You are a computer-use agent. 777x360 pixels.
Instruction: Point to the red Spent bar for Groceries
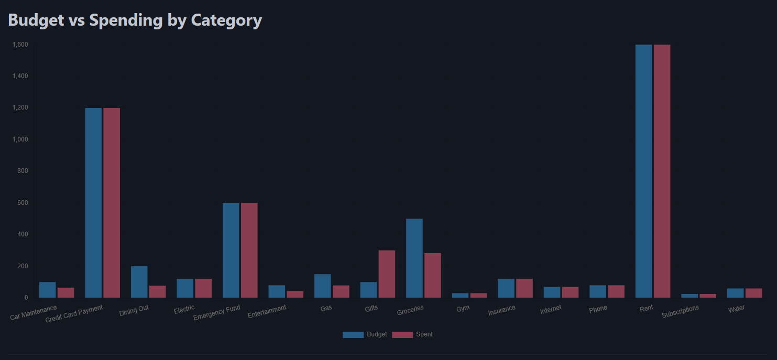pos(432,276)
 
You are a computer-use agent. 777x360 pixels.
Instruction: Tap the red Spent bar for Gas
pos(341,292)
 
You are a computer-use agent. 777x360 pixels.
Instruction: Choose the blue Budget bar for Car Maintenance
pos(47,290)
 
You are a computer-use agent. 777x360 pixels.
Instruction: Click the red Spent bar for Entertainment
pos(295,294)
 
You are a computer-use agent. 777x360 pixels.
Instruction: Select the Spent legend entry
pos(413,334)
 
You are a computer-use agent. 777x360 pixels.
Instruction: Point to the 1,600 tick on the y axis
pos(20,45)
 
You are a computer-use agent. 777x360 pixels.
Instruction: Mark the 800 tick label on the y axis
pos(23,171)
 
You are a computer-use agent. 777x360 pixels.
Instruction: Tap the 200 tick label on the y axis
pos(23,266)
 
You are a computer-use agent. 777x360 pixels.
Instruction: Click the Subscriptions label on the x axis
pos(680,312)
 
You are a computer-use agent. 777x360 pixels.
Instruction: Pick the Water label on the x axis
pos(736,309)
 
